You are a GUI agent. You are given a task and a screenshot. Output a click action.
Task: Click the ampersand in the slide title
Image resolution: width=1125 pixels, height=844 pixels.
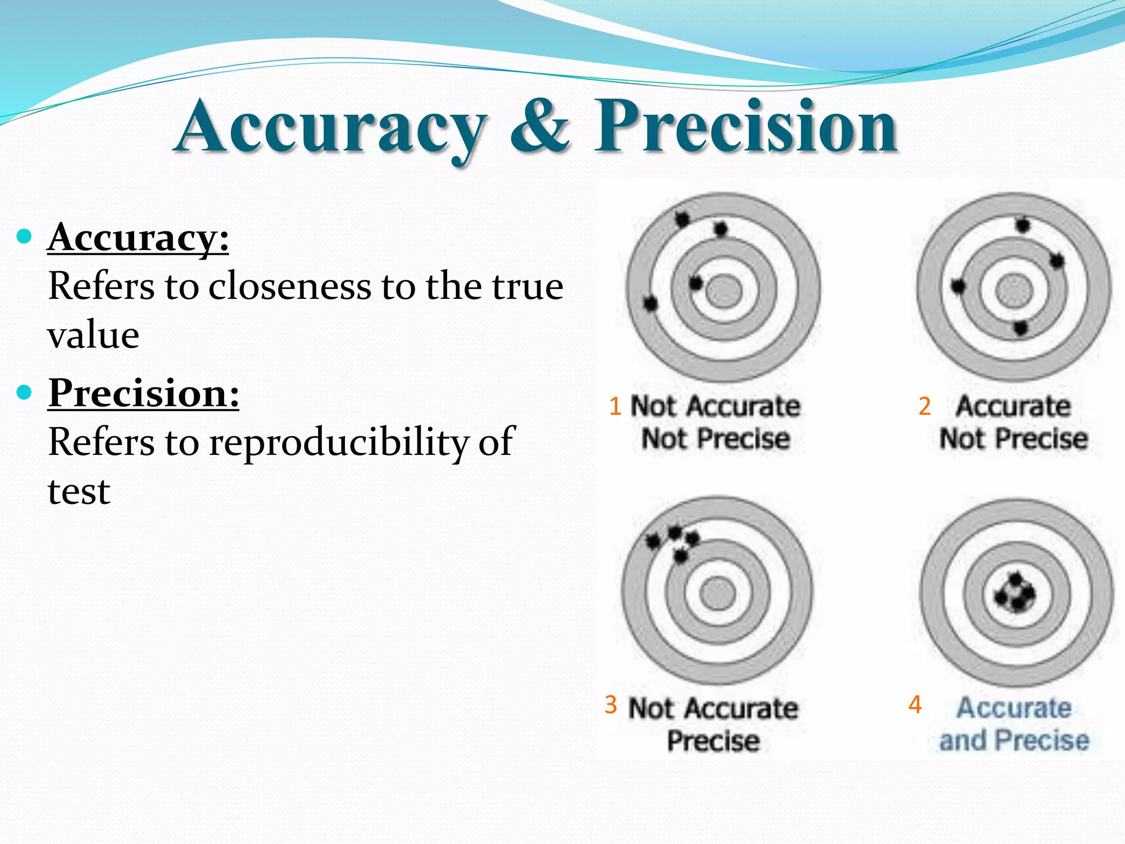point(539,126)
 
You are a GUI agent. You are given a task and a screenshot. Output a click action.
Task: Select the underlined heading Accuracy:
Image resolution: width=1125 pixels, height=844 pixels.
point(138,238)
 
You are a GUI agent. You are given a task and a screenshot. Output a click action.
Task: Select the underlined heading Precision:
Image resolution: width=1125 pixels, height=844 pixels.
point(144,393)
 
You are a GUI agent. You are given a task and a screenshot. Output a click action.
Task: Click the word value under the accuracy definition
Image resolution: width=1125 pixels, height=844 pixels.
point(93,335)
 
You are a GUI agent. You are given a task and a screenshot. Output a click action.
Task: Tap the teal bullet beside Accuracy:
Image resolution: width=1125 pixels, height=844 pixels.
point(25,237)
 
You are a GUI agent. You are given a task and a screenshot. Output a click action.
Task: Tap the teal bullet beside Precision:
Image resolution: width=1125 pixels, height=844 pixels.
point(25,392)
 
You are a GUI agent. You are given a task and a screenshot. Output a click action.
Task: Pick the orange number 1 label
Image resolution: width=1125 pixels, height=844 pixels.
point(615,407)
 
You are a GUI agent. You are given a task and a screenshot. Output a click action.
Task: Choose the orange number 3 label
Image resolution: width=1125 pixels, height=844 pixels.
point(611,704)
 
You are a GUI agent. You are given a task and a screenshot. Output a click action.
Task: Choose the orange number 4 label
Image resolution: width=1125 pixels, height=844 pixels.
point(915,704)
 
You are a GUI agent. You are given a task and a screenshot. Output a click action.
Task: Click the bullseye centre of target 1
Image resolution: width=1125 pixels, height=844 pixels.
point(724,290)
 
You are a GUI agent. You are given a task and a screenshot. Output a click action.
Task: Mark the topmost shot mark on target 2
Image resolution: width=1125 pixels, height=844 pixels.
point(1022,225)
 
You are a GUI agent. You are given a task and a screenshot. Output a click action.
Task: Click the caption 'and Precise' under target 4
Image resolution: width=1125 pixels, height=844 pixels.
point(1014,740)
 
